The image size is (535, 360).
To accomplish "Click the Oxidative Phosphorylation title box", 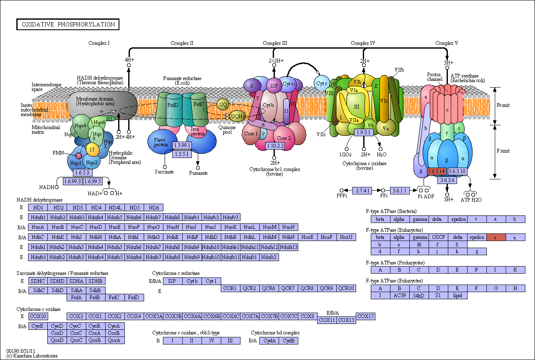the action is pos(68,24).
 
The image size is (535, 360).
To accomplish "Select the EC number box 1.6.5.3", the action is pos(83,173).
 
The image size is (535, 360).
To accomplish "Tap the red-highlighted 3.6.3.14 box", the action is pos(437,171).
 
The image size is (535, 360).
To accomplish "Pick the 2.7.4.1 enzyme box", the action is pos(362,191).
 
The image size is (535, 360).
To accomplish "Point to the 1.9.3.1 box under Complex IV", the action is pos(364,132).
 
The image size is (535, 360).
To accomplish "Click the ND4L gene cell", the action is pos(115,207).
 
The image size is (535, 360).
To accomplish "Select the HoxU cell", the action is pos(346,237).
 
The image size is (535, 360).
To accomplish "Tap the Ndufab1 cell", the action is pos(230,247).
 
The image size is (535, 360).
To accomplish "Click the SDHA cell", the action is pos(76,281).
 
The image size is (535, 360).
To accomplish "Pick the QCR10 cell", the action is pos(346,288).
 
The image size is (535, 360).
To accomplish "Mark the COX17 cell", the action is pos(365,316).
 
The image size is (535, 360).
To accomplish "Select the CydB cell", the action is pos(289,341).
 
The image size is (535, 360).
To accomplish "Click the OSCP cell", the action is pos(439,237).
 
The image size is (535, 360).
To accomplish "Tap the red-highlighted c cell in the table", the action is pos(496,237).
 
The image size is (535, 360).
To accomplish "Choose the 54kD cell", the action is pos(419,295).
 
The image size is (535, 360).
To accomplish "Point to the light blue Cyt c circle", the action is pos(321,83).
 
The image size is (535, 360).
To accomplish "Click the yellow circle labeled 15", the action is pos(92,149).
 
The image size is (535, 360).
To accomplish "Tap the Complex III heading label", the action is pos(275,43).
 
